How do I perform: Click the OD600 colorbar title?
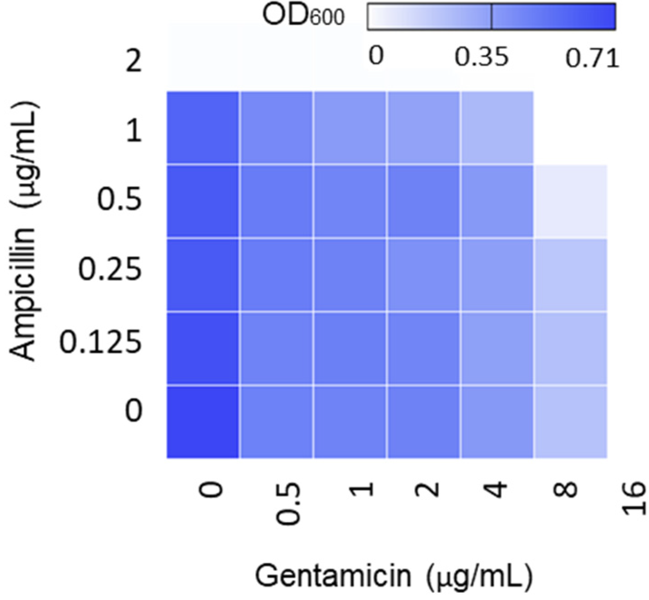pyautogui.click(x=303, y=16)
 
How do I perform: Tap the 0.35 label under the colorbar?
pyautogui.click(x=481, y=57)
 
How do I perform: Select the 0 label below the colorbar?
pyautogui.click(x=376, y=56)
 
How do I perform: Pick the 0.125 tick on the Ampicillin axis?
pyautogui.click(x=101, y=342)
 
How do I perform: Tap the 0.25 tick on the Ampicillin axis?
pyautogui.click(x=110, y=269)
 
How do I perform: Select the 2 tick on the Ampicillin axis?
pyautogui.click(x=134, y=62)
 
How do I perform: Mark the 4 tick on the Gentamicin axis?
pyautogui.click(x=497, y=489)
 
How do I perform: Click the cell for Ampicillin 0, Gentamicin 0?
pyautogui.click(x=203, y=422)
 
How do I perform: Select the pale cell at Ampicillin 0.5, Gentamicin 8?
pyautogui.click(x=571, y=201)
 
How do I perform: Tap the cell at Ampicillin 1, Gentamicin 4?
pyautogui.click(x=497, y=128)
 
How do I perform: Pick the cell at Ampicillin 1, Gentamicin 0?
pyautogui.click(x=203, y=128)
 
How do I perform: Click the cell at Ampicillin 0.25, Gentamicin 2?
pyautogui.click(x=423, y=275)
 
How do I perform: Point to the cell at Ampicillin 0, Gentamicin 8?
pyautogui.click(x=571, y=422)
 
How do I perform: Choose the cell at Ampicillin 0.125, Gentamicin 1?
pyautogui.click(x=350, y=349)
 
